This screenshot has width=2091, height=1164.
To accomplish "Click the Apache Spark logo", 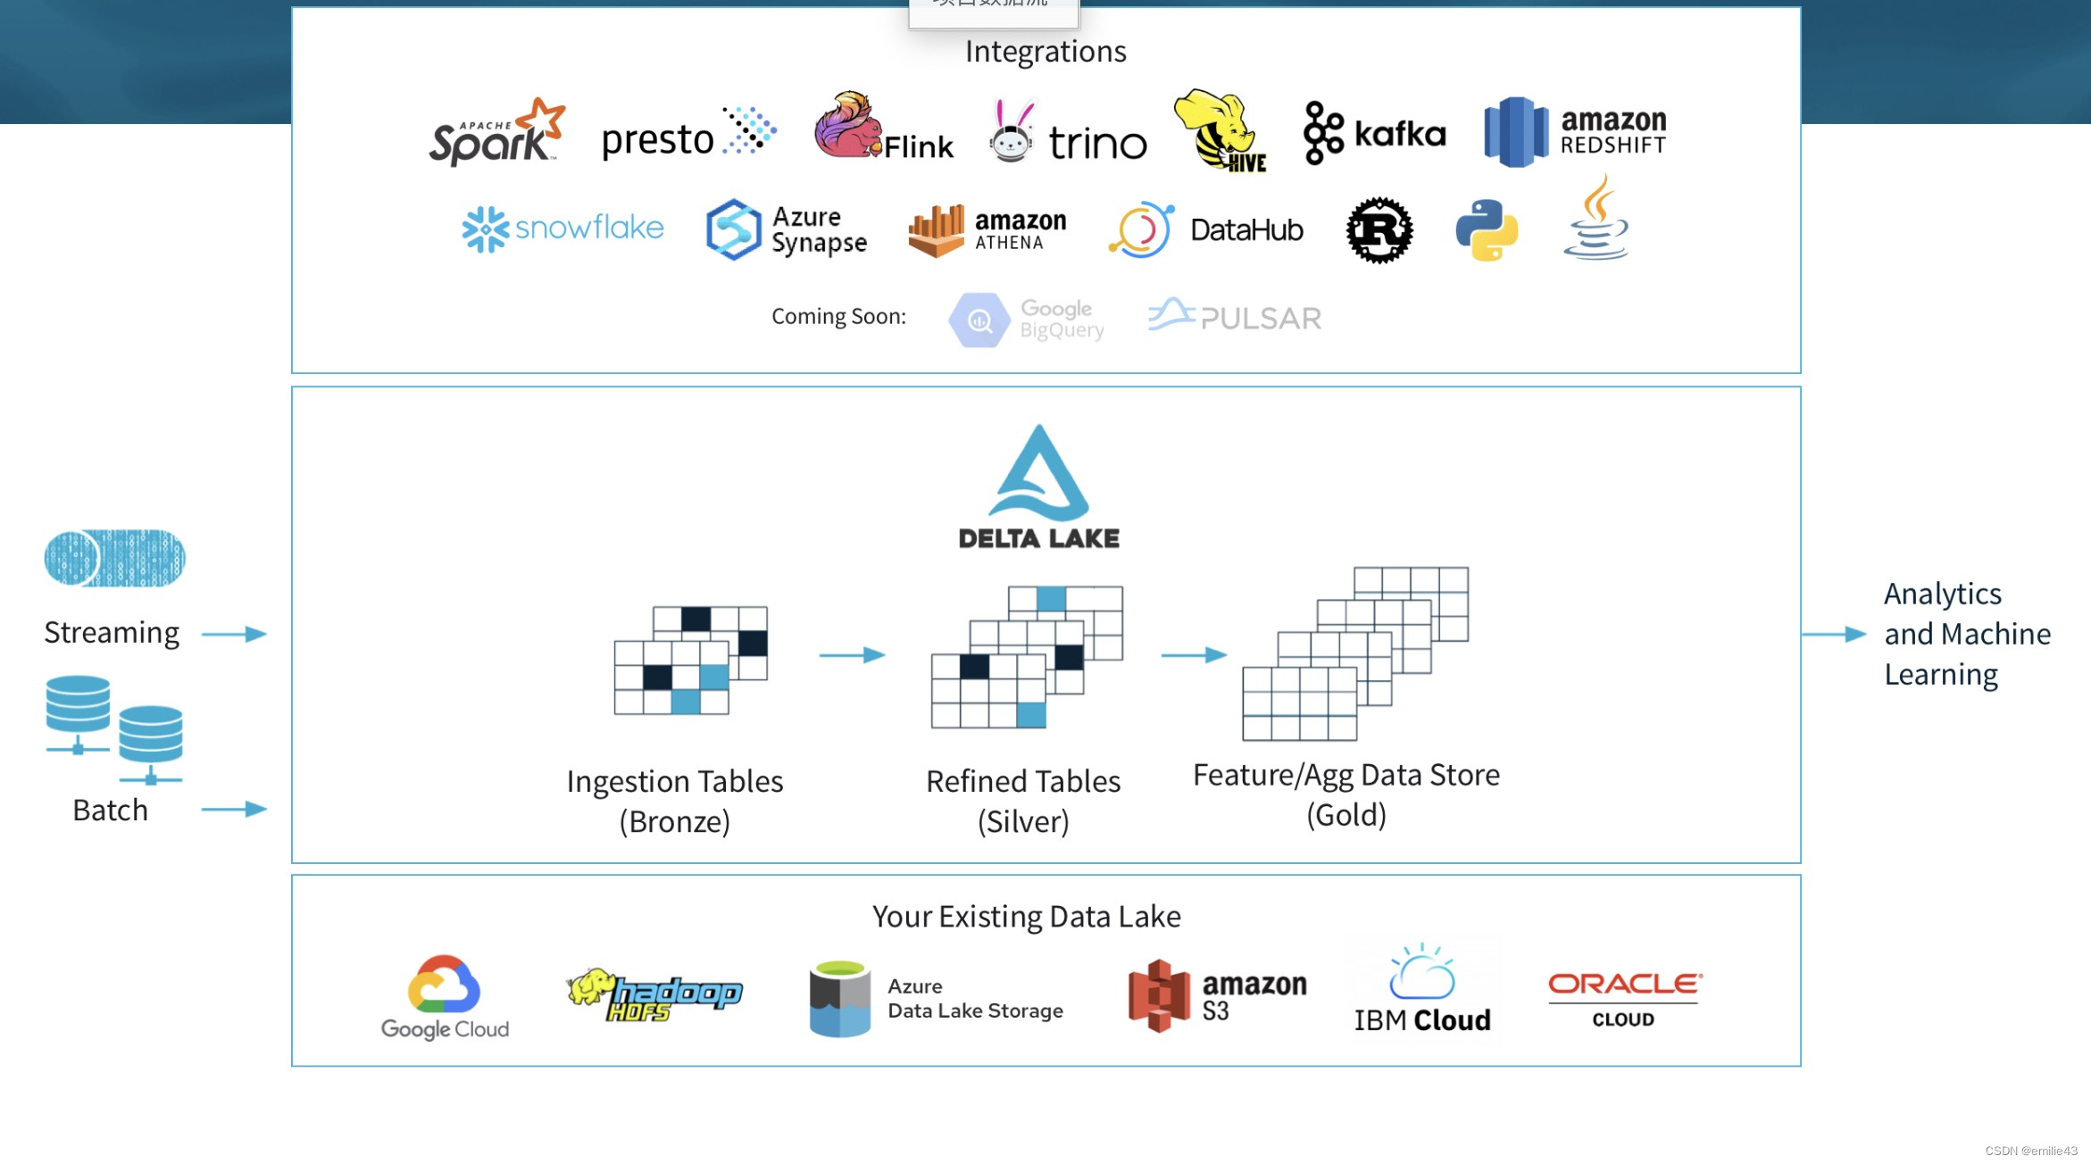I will point(496,134).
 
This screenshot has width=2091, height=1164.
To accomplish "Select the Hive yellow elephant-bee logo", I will point(1220,130).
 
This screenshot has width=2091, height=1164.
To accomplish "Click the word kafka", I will point(1399,134).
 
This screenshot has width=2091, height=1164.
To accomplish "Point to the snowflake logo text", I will point(589,228).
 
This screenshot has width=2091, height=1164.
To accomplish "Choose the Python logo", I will point(1487,230).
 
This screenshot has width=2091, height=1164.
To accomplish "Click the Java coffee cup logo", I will point(1596,219).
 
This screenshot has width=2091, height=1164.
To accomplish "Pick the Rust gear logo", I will point(1379,230).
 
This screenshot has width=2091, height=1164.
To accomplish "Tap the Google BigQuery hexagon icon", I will point(979,320).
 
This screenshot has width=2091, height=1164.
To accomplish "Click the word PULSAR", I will point(1261,319).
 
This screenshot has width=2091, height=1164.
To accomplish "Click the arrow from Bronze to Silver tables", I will point(852,655).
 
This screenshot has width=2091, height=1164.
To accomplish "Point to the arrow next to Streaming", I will point(234,634).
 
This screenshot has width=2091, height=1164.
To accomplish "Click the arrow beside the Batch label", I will point(234,810).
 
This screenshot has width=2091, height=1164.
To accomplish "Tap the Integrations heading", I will point(1045,52).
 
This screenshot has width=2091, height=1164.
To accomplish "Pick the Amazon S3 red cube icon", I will point(1158,995).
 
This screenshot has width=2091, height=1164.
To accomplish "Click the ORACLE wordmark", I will point(1624,984).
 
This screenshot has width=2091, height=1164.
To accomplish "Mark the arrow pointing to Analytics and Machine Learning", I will point(1834,634).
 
